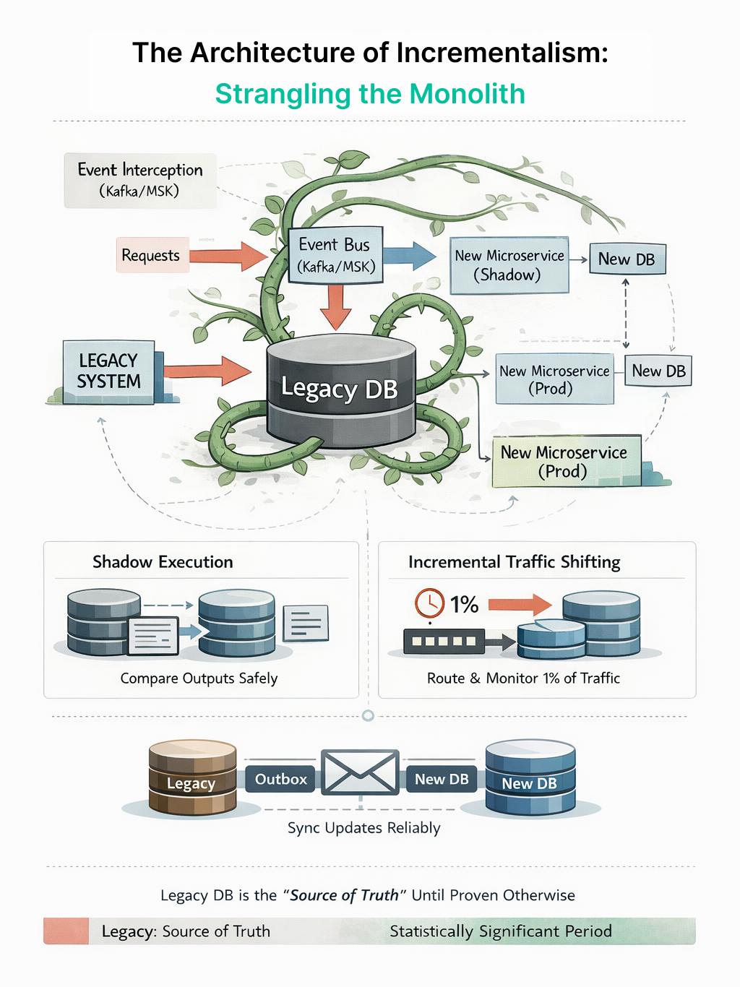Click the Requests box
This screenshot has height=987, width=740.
pyautogui.click(x=151, y=256)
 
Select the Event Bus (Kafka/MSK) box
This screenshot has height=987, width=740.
pyautogui.click(x=335, y=255)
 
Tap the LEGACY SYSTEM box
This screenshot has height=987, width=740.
pyautogui.click(x=109, y=371)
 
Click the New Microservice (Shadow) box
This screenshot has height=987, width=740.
pyautogui.click(x=508, y=265)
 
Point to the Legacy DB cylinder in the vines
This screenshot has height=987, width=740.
pyautogui.click(x=340, y=389)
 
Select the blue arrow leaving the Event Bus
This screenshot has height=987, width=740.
pyautogui.click(x=408, y=255)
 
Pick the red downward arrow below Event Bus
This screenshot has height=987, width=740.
pyautogui.click(x=335, y=306)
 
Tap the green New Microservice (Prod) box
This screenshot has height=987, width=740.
pyautogui.click(x=564, y=462)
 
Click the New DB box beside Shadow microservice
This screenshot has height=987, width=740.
pyautogui.click(x=626, y=259)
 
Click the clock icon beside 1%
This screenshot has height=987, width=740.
pyautogui.click(x=429, y=603)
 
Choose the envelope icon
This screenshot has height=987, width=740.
pyautogui.click(x=360, y=772)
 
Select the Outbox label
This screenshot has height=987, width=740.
pyautogui.click(x=280, y=779)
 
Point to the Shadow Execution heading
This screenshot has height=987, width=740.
pyautogui.click(x=163, y=562)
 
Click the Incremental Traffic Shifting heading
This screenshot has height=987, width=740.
pyautogui.click(x=514, y=562)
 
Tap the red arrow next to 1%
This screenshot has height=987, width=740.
pyautogui.click(x=519, y=604)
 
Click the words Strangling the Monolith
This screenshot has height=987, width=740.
pyautogui.click(x=370, y=94)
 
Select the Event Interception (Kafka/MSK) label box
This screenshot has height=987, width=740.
pyautogui.click(x=140, y=180)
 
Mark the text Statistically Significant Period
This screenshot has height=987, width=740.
pyautogui.click(x=501, y=931)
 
